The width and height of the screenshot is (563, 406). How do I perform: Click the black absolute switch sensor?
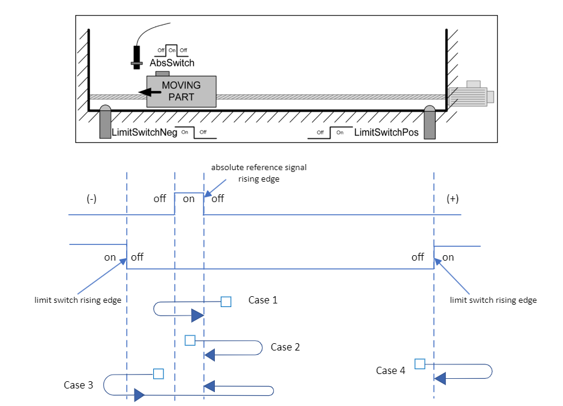coord(137,57)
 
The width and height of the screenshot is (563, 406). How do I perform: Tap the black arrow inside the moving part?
coord(145,92)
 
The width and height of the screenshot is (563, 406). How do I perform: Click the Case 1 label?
coord(263,300)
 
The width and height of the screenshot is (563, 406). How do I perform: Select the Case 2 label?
coord(285,347)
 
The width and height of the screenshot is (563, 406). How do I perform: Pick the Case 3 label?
coord(78,385)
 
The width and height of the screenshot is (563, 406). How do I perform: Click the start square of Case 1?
coord(226,302)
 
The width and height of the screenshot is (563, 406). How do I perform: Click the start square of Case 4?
coord(420,363)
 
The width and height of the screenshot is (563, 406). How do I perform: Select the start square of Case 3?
coord(158,373)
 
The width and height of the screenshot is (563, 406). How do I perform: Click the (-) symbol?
coord(91,200)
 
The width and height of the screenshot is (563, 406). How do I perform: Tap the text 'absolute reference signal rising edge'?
coord(259,173)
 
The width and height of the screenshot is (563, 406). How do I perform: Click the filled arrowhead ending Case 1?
coord(197,316)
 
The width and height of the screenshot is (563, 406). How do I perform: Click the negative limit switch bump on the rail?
coord(106,110)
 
